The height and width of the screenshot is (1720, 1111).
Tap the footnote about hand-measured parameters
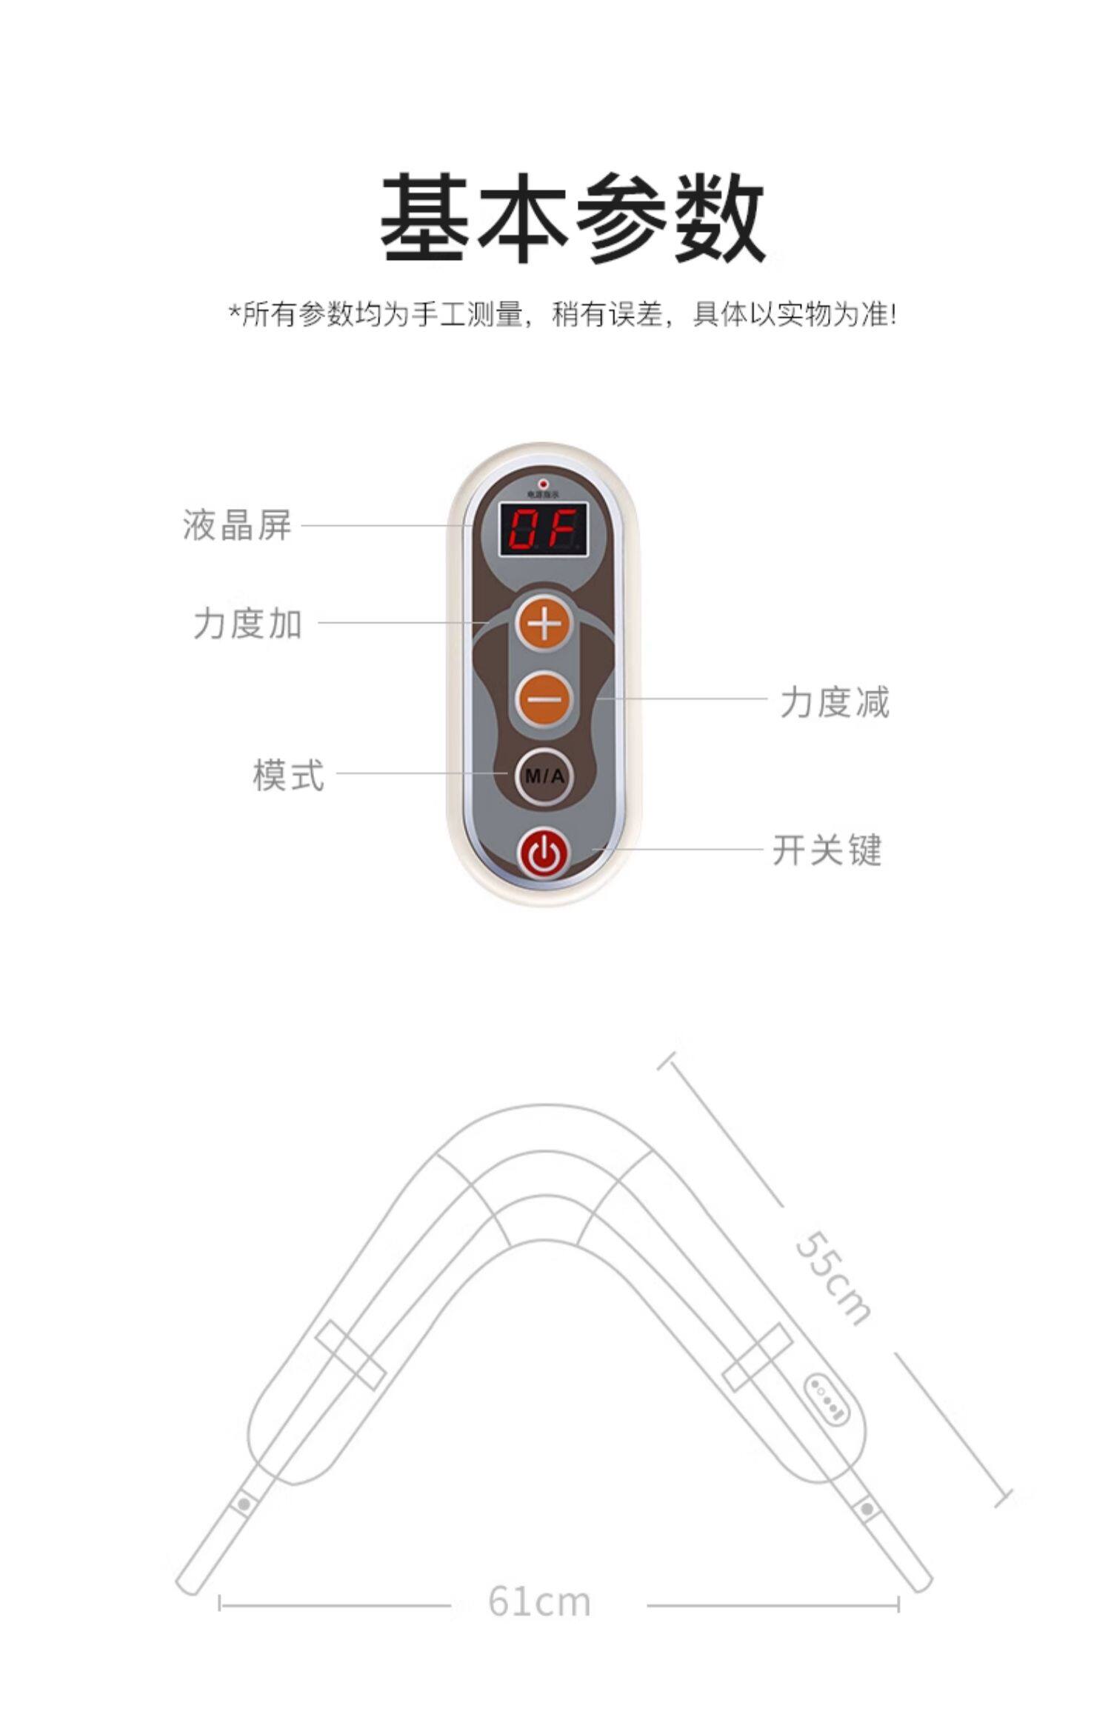[563, 315]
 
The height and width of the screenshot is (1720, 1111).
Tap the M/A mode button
[544, 776]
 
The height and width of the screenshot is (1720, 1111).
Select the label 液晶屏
[237, 525]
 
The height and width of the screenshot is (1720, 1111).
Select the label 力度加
[248, 623]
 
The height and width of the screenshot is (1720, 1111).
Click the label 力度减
[835, 701]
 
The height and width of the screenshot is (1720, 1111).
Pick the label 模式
[288, 775]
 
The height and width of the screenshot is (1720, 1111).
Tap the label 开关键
[827, 850]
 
